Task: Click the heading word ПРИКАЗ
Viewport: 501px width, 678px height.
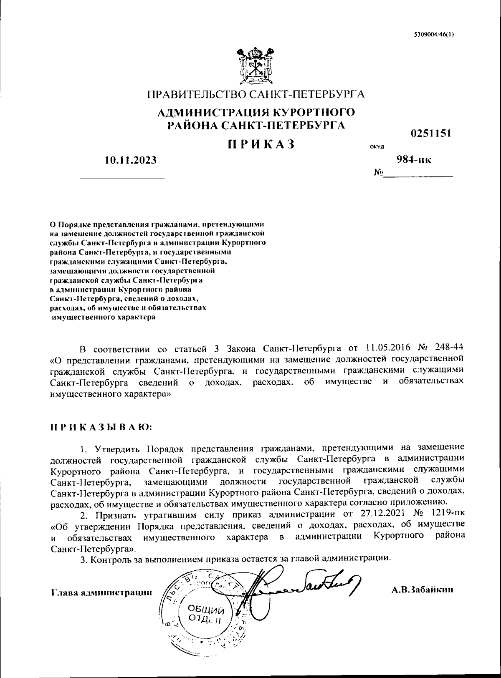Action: coord(261,144)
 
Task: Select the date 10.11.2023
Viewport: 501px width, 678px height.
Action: coord(131,159)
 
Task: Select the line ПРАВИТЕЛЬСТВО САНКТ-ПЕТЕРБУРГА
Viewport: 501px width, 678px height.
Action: coord(256,94)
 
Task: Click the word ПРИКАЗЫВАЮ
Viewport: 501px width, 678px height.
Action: coord(102,428)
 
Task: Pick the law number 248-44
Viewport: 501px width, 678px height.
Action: coord(449,348)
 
